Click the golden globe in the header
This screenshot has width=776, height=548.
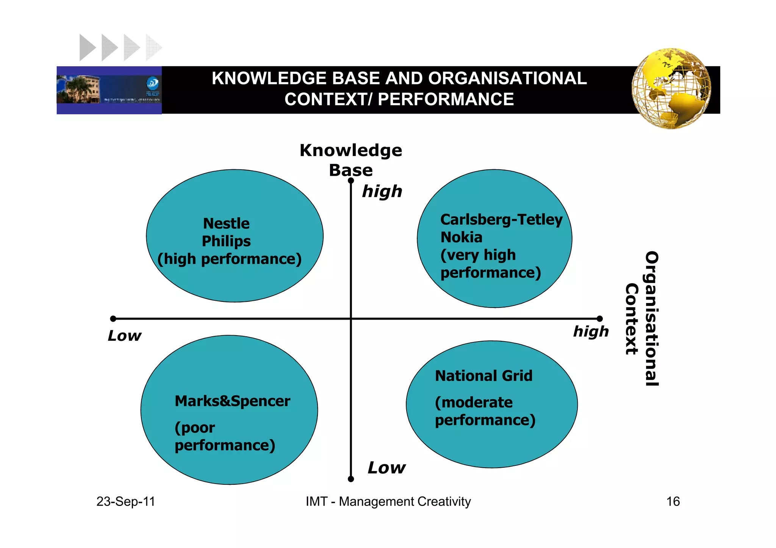[671, 89]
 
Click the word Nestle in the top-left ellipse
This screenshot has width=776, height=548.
[226, 223]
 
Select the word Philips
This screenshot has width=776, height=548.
[226, 241]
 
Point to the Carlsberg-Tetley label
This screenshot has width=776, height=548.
[501, 220]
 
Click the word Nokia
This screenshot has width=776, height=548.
[461, 237]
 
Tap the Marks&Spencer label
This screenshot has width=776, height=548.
[232, 401]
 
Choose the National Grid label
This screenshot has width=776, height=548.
[483, 376]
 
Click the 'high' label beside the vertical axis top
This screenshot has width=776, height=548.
[382, 192]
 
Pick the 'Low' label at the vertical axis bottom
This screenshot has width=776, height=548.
[386, 468]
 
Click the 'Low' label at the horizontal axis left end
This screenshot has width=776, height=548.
[124, 336]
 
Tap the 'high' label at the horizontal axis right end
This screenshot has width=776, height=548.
[591, 331]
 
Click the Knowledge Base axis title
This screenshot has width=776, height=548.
[351, 160]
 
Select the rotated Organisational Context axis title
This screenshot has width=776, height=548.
[642, 318]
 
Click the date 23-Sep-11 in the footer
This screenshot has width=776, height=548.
[126, 501]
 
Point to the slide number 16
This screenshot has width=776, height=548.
[673, 501]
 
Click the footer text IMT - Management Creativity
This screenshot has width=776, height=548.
[388, 501]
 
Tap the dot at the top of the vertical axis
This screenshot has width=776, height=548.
[351, 181]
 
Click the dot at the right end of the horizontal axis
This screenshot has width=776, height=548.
[599, 319]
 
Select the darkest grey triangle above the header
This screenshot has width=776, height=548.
[87, 48]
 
